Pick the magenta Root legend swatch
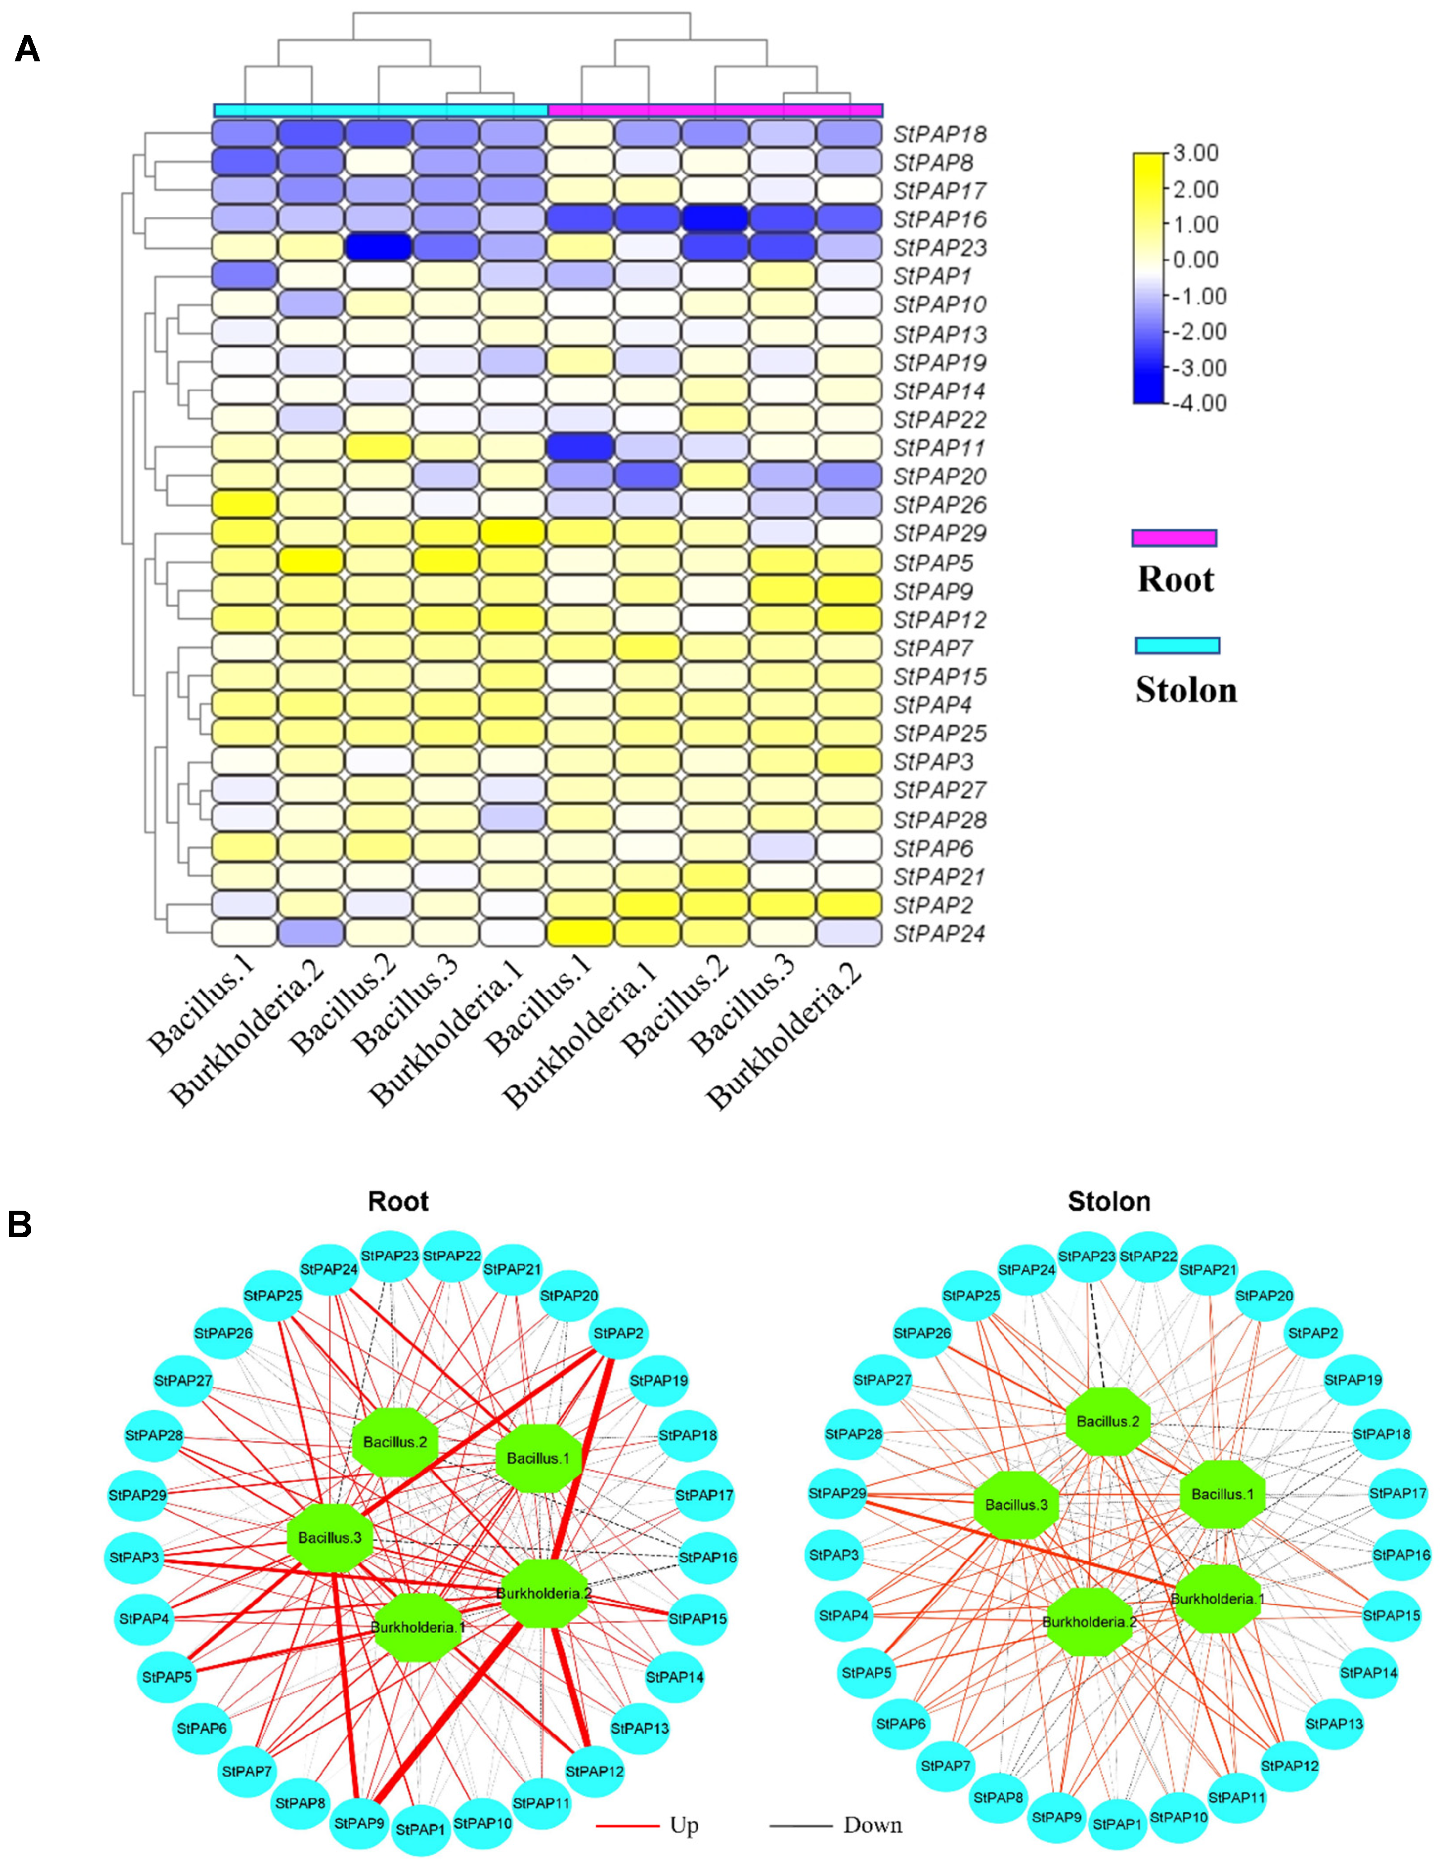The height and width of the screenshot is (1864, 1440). coord(1174,538)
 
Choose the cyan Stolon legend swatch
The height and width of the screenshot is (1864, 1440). coord(1176,645)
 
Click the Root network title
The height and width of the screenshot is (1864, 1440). coord(398,1202)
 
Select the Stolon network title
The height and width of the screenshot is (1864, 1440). coord(1109,1202)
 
